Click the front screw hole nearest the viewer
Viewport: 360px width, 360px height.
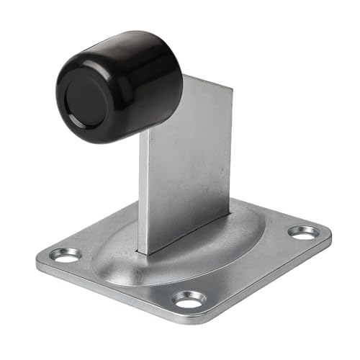coord(189,297)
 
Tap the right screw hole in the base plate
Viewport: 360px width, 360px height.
coord(302,232)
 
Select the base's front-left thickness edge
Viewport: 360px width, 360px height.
coord(108,292)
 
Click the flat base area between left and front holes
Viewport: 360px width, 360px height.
coord(122,277)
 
